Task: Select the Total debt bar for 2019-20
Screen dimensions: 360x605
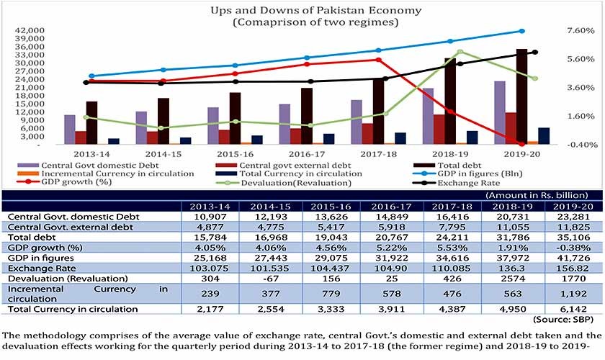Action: pos(521,96)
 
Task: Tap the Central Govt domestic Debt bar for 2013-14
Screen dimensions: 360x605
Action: pos(69,130)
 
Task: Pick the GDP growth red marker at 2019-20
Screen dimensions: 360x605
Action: pos(521,144)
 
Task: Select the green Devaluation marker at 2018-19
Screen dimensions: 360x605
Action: pos(460,52)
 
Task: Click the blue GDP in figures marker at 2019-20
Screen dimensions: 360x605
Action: pos(521,31)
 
